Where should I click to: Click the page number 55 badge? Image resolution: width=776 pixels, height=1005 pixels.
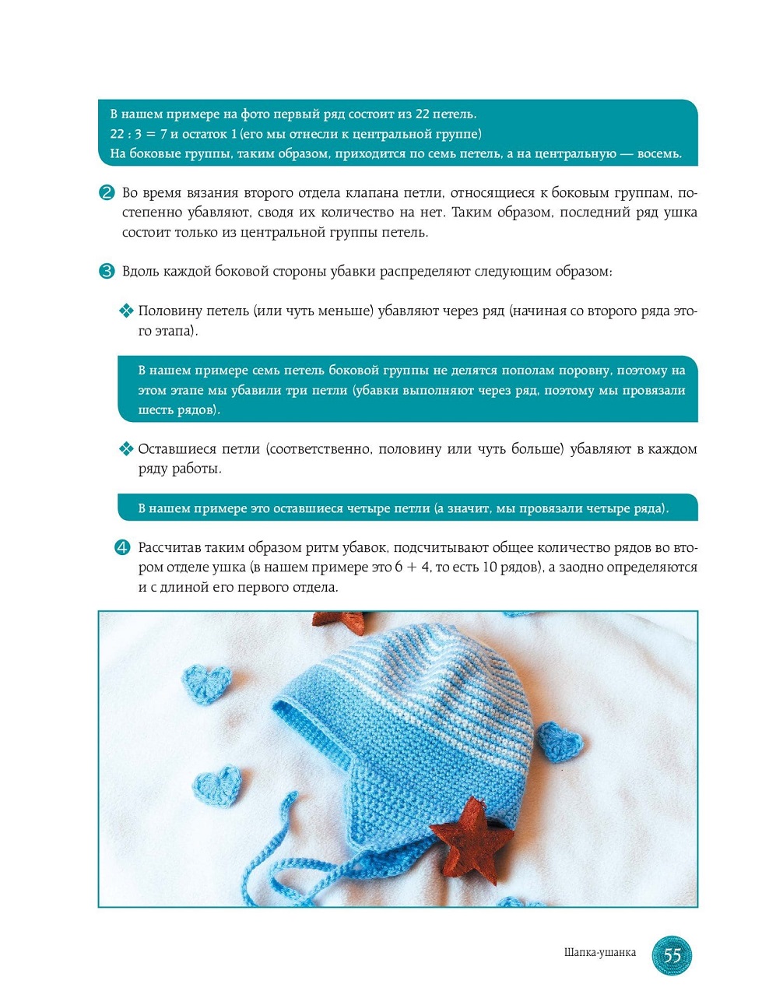[671, 954]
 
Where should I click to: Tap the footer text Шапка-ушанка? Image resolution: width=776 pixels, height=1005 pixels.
[599, 953]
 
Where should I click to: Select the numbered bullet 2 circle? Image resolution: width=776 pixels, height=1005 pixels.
[107, 192]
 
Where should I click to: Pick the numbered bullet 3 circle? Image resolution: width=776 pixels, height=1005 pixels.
[107, 271]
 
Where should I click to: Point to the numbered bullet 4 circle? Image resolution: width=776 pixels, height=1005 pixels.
[122, 547]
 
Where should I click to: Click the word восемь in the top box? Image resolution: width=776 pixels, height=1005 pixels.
[658, 154]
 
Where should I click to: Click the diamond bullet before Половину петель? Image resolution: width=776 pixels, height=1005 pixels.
[125, 311]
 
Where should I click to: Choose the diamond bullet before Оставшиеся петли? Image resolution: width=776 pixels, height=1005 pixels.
[125, 449]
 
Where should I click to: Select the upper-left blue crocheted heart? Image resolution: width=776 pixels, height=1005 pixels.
[206, 683]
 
